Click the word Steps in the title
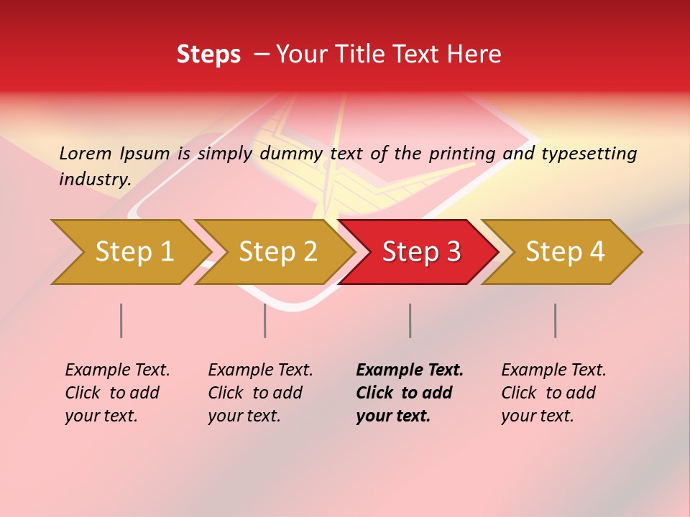208,55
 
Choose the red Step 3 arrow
421,252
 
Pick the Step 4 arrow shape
565,252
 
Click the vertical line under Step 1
121,320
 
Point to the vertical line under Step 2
265,320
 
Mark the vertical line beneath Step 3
410,320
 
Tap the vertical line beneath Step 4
556,320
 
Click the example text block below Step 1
117,393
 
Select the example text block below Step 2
260,393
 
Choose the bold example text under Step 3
410,393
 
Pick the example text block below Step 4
553,393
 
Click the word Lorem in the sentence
86,154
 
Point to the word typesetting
589,154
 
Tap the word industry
95,180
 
